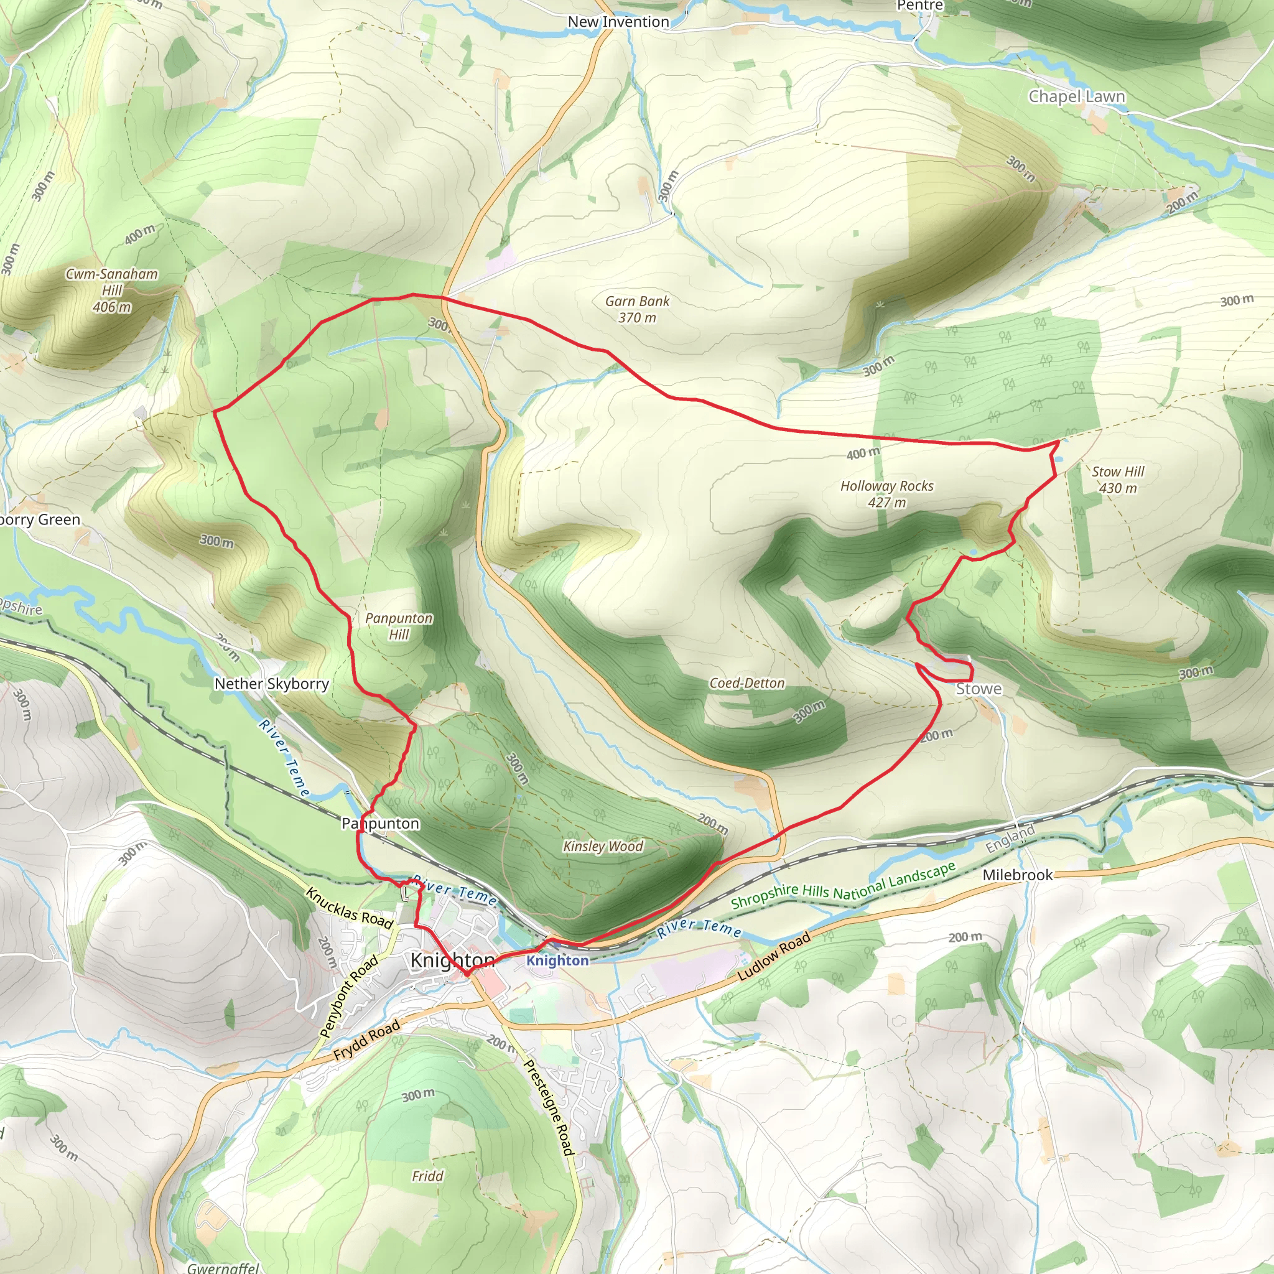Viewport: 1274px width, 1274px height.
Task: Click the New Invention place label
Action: click(618, 22)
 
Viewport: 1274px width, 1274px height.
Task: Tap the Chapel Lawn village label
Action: click(1076, 96)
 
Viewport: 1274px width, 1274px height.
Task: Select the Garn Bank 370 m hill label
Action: click(637, 309)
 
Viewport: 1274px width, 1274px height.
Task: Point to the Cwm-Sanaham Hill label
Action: click(111, 290)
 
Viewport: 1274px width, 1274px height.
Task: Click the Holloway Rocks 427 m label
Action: click(886, 494)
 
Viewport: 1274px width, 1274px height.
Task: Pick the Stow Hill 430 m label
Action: click(1118, 480)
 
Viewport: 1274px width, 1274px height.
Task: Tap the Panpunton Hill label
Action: click(399, 626)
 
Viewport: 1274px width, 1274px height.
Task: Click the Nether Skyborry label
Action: click(272, 684)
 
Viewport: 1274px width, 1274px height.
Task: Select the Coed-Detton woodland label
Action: click(746, 683)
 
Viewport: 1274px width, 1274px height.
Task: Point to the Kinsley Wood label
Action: click(603, 846)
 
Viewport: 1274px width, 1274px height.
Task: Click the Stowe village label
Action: click(979, 689)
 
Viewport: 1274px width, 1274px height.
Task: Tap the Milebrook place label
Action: click(1018, 875)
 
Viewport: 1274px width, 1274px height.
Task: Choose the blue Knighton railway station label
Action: click(557, 960)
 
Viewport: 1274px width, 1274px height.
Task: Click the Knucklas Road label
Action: click(349, 908)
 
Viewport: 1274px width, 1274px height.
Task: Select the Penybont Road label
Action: click(349, 996)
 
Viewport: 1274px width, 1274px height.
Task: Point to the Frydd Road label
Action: click(366, 1039)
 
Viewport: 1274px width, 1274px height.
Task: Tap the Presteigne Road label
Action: click(548, 1107)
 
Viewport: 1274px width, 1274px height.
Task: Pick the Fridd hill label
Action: click(427, 1176)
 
